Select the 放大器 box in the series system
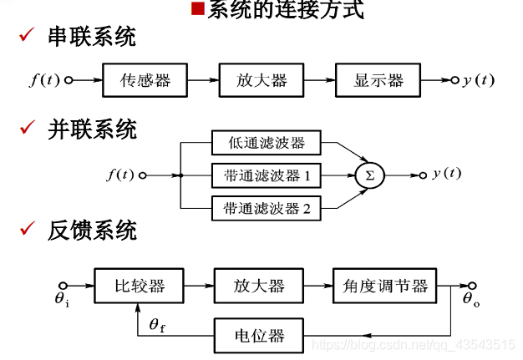261,80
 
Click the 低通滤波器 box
266,143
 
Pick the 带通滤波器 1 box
266,175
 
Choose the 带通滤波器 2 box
266,208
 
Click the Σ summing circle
368,175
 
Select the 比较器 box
139,286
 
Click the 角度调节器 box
384,286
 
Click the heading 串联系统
92,38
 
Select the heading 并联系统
92,129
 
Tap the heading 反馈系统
92,231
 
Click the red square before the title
197,10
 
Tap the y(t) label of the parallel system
446,174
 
